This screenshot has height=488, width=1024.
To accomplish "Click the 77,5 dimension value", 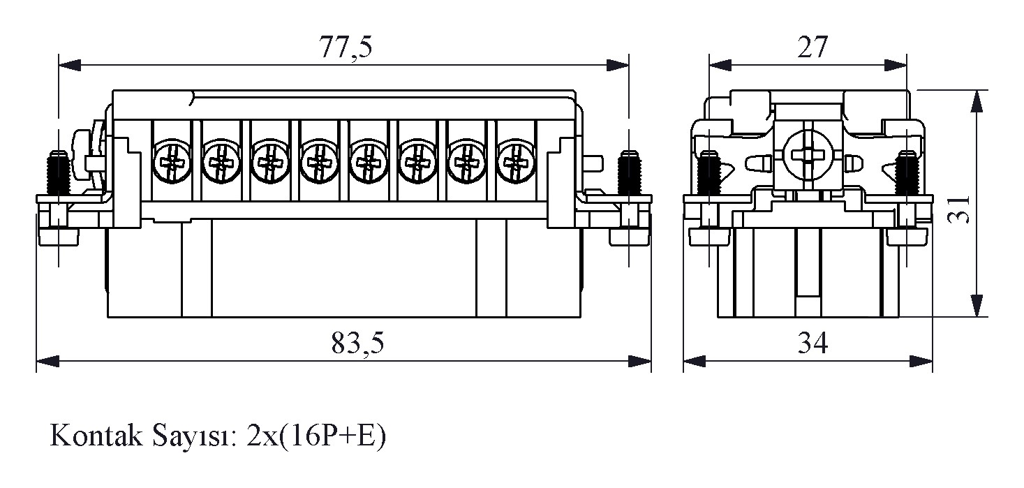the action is (x=346, y=47).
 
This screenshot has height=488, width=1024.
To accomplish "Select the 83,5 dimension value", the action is (x=357, y=343).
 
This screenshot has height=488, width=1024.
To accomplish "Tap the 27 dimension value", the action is (x=812, y=47).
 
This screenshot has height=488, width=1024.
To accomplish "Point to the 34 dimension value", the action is (x=812, y=343).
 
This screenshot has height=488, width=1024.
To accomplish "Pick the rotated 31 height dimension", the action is (x=958, y=209).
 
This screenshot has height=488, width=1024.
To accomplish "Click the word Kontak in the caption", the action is (x=96, y=435).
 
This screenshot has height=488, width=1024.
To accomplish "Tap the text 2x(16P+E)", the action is (x=316, y=436).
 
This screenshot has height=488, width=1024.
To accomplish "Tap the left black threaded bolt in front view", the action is (x=58, y=172).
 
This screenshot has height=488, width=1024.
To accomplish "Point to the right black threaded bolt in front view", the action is (x=629, y=172).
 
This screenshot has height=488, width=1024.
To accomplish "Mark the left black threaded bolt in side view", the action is (x=709, y=172).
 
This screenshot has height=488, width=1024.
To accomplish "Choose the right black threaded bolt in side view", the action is (x=907, y=172).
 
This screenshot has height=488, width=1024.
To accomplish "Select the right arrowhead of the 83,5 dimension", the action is (x=639, y=361).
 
